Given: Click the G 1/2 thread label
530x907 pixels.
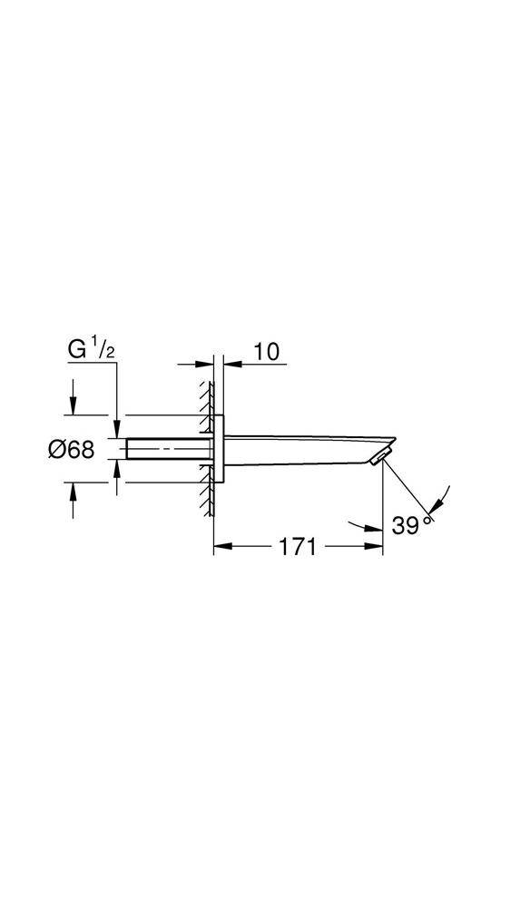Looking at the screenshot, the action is coord(90,351).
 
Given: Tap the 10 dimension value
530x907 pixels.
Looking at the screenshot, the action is coord(266,351).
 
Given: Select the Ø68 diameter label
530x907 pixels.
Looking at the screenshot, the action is coord(71,450).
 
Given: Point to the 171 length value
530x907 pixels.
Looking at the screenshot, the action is coord(299,546).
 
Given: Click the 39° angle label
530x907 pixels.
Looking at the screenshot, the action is coord(412,525).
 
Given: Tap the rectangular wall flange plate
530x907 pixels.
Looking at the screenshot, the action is coord(219,448).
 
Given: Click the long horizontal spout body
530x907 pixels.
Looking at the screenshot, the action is coord(307,450).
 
